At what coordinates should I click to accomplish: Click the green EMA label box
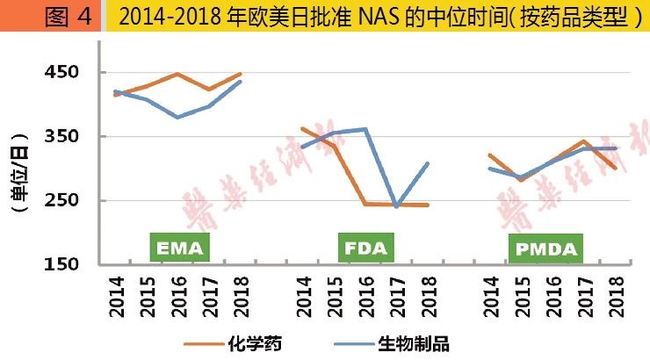[x=180, y=248]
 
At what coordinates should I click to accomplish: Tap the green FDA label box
[x=364, y=248]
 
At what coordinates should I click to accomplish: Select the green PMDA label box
[x=545, y=248]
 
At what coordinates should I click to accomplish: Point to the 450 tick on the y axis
[x=62, y=72]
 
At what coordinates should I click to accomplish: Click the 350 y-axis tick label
[x=62, y=136]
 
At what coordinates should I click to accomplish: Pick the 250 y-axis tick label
[x=62, y=200]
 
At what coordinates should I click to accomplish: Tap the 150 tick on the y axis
[x=62, y=264]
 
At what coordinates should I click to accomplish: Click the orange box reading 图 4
[x=52, y=17]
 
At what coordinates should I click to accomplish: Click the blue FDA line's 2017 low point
[x=396, y=206]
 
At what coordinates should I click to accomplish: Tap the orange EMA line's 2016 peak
[x=178, y=74]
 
